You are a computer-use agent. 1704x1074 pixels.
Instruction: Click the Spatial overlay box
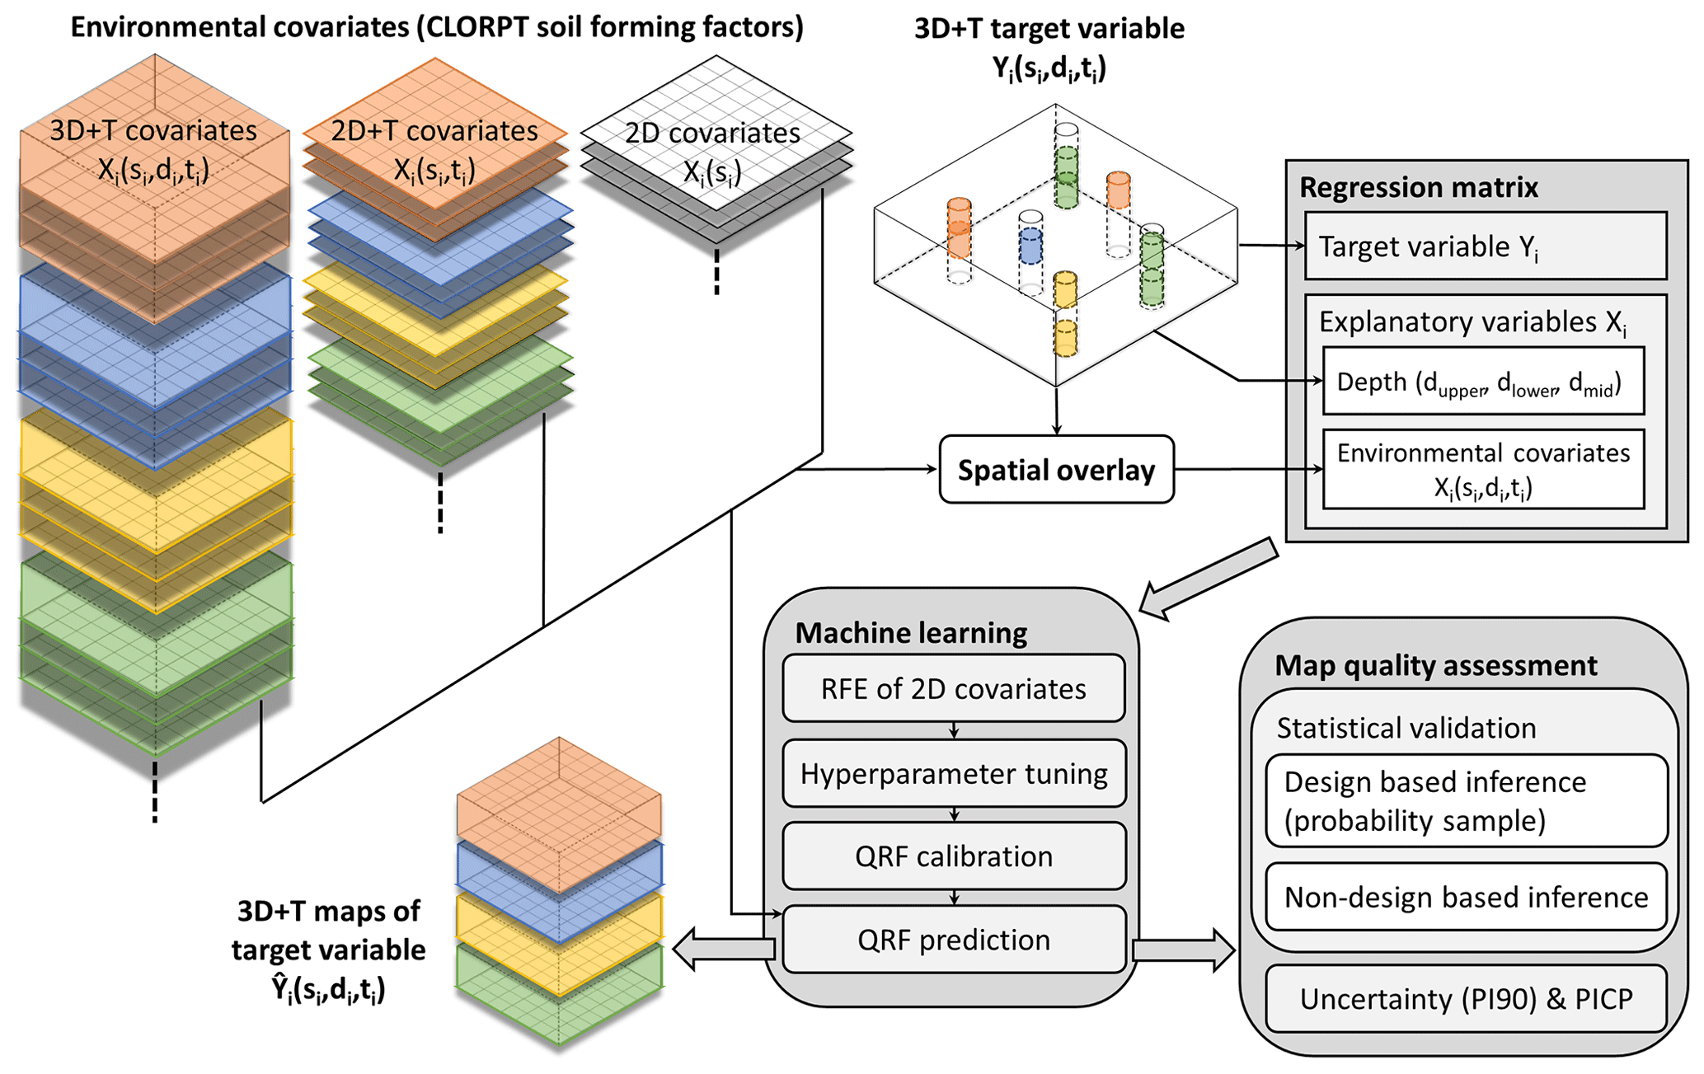tap(1056, 470)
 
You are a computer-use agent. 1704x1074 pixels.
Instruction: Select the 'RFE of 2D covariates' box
tap(953, 688)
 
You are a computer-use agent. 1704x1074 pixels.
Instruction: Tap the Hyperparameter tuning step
tap(953, 773)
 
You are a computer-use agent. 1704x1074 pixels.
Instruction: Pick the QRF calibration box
tap(953, 856)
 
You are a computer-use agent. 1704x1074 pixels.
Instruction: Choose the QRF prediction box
tap(953, 940)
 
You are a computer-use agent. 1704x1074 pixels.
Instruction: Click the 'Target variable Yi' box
tap(1485, 246)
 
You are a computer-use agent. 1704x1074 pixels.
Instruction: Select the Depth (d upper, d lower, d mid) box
tap(1482, 382)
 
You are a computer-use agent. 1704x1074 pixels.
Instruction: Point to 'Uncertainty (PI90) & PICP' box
tap(1466, 999)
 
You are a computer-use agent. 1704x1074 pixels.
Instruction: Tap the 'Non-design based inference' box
tap(1466, 897)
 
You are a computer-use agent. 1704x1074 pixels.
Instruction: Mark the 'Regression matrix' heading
tap(1418, 187)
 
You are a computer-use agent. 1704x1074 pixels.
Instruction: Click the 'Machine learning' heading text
tap(911, 632)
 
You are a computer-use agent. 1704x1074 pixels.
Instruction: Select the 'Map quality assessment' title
tap(1435, 665)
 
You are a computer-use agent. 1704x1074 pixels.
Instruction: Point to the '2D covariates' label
tap(712, 133)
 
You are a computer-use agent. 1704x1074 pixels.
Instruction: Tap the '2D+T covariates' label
tap(434, 130)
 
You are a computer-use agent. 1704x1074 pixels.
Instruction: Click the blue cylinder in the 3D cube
tap(1030, 246)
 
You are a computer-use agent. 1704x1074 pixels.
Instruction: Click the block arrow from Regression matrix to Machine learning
tap(1209, 578)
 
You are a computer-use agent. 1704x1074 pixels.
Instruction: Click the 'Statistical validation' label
tap(1406, 728)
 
